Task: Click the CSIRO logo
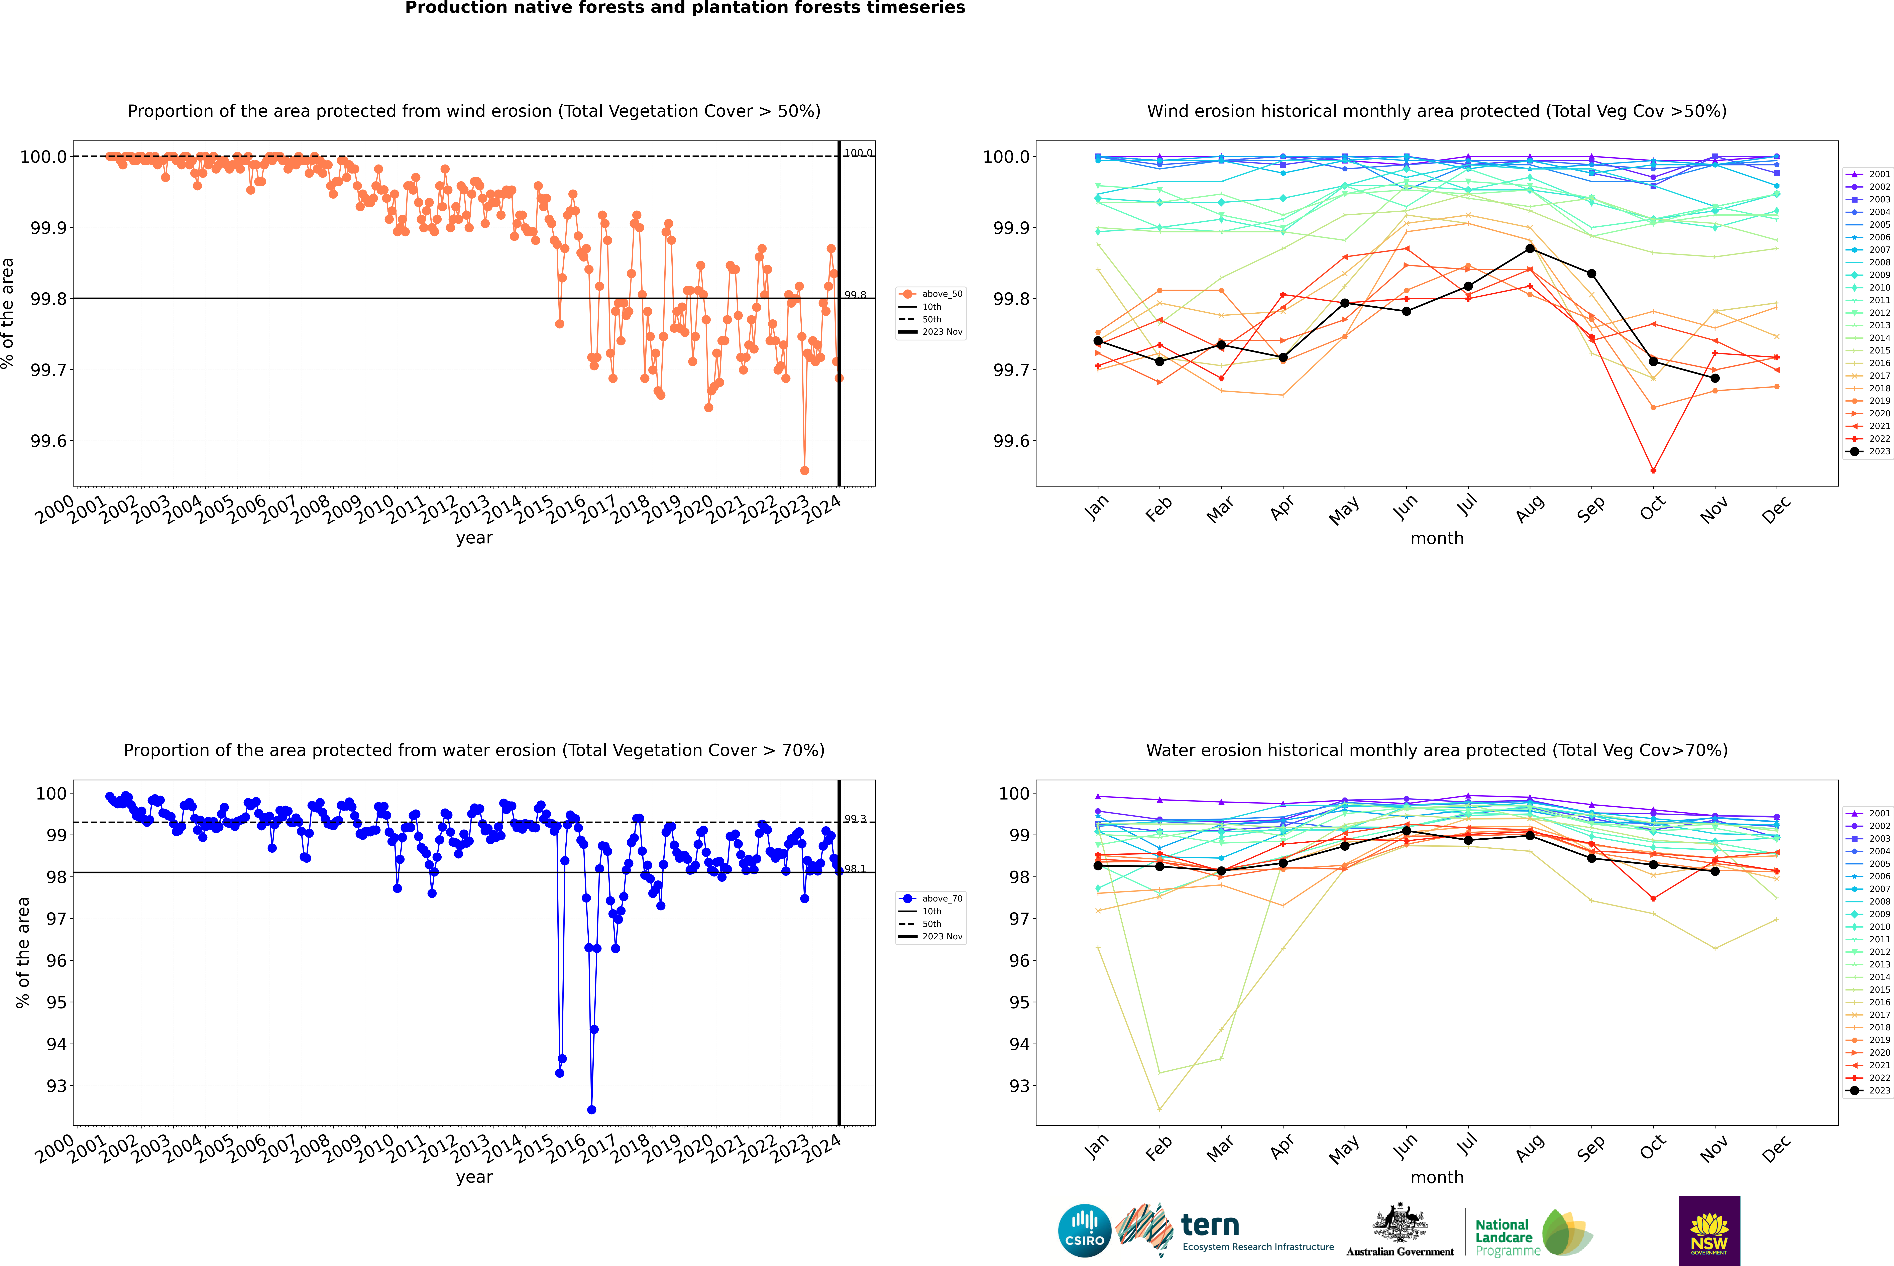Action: (1084, 1231)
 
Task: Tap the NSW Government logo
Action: (1709, 1231)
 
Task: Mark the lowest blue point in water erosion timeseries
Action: (592, 1109)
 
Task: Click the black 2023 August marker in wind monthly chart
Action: (1530, 249)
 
